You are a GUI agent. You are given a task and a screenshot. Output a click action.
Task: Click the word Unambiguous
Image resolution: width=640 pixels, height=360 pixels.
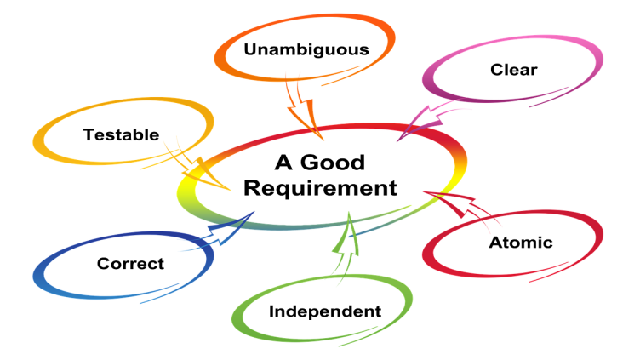point(306,49)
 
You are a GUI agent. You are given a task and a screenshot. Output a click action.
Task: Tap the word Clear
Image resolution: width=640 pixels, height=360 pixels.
point(514,70)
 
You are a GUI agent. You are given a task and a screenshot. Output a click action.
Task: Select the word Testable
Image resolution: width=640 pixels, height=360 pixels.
point(122,134)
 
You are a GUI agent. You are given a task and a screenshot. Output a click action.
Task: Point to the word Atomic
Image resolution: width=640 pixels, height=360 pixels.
point(520,243)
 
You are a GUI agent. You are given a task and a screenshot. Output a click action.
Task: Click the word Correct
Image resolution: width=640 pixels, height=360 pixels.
point(130,264)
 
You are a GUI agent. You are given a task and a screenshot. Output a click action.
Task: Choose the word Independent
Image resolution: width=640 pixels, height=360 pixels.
point(325,311)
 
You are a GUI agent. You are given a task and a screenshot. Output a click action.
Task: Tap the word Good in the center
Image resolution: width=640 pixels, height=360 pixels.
point(336,163)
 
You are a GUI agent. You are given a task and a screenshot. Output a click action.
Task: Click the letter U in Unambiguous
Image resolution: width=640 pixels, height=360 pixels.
point(250,49)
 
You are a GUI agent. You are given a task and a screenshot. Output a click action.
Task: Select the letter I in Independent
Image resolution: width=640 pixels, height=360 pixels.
point(272,311)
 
